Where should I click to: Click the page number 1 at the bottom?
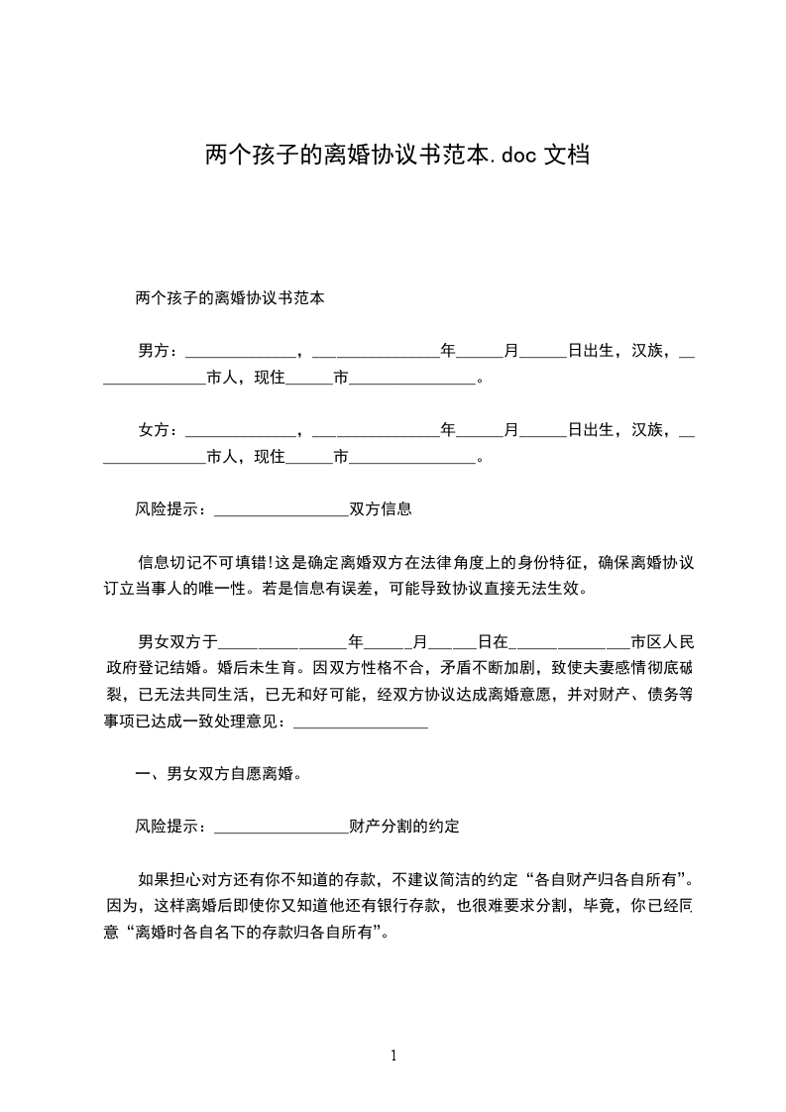coord(393,1055)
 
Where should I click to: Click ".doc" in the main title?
coord(514,156)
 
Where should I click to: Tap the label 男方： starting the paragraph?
coord(160,350)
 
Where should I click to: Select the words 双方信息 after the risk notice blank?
coord(380,509)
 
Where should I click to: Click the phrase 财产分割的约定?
coord(403,826)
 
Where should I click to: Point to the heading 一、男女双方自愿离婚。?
coord(218,773)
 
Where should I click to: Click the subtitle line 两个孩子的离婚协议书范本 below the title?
coord(230,296)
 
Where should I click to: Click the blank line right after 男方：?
coord(240,352)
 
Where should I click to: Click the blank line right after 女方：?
coord(240,431)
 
